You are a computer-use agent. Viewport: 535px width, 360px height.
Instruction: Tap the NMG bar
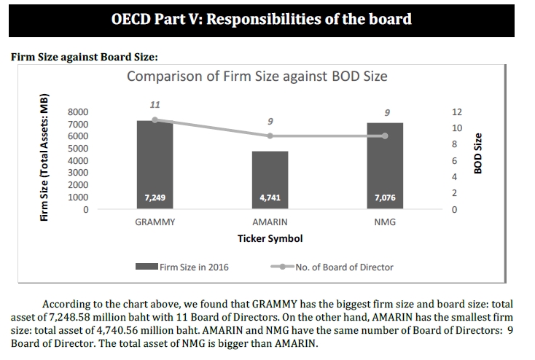click(x=385, y=166)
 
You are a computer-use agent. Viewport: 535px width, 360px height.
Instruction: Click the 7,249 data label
click(x=155, y=197)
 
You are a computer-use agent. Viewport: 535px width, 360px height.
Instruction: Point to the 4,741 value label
click(x=270, y=197)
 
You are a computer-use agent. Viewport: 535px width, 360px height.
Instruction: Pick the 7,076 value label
click(x=385, y=197)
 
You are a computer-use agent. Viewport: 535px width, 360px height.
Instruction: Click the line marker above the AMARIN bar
click(x=270, y=136)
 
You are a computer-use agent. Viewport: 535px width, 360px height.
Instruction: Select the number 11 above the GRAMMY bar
click(x=155, y=104)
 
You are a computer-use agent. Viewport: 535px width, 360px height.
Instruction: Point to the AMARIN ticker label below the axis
click(x=270, y=222)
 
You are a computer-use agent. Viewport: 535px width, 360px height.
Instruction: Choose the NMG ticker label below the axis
click(x=385, y=222)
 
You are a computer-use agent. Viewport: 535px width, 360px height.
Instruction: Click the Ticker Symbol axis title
click(x=270, y=239)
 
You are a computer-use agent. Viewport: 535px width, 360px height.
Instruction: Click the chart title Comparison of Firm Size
click(x=257, y=77)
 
